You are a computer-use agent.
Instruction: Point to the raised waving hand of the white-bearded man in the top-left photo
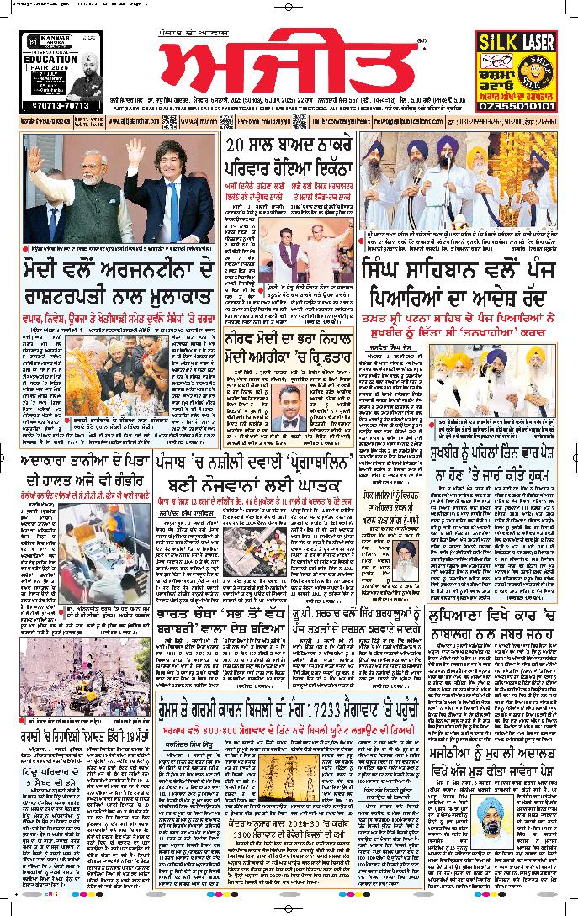tap(34, 160)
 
